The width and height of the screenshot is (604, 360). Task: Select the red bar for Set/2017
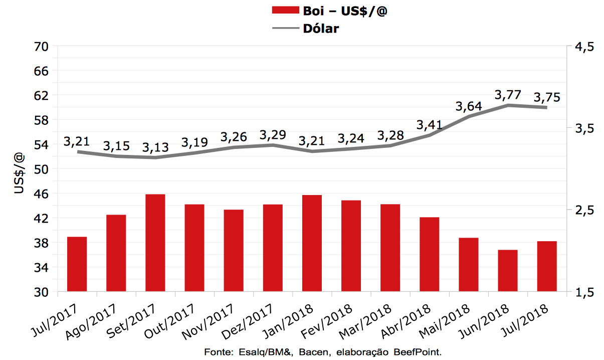[155, 243]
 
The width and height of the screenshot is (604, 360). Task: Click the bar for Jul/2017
[77, 264]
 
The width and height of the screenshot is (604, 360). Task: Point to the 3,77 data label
[508, 95]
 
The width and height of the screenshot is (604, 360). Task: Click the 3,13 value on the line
[155, 147]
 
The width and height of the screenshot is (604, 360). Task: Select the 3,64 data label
[469, 107]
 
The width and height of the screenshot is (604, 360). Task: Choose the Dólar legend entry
[321, 28]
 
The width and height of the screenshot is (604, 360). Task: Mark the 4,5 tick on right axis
[584, 46]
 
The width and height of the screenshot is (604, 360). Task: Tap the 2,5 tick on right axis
[584, 210]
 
